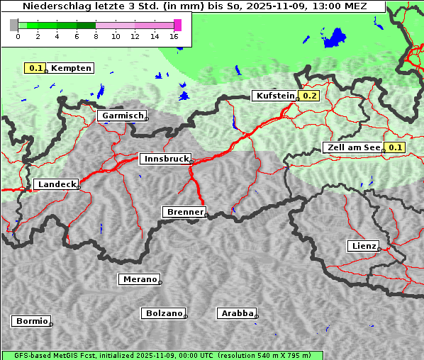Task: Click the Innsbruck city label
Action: coord(164,159)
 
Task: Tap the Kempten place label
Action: coord(71,68)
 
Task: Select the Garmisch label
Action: coord(122,116)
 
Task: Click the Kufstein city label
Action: coord(274,96)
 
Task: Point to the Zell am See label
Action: coord(352,147)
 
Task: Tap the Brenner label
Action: coord(184,212)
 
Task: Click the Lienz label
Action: coord(362,246)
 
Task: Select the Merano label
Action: coord(139,279)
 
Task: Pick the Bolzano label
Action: coord(163,313)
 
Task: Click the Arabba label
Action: coord(237,313)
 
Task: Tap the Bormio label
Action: coord(31,321)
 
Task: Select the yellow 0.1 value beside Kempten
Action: coord(35,68)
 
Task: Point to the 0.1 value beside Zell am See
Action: coord(395,147)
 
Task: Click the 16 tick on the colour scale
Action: coord(174,36)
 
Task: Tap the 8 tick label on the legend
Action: coord(96,36)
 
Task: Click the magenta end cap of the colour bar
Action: coord(177,25)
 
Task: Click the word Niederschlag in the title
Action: coord(55,6)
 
